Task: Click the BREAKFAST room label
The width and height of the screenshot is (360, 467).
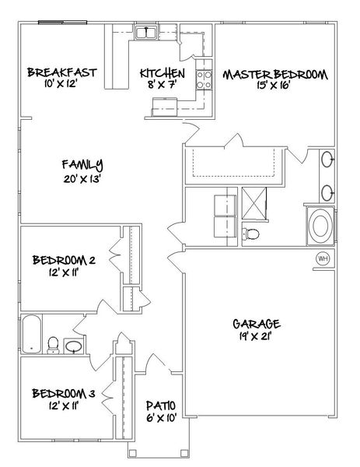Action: coord(61,72)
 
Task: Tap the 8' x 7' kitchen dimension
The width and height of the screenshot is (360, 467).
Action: coord(162,85)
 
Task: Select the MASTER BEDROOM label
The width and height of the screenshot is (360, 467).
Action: coord(276,75)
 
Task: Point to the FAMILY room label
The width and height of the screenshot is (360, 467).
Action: coord(83,164)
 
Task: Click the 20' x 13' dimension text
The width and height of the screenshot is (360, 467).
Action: coord(83,177)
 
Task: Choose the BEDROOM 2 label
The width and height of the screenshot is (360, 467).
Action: coord(64,259)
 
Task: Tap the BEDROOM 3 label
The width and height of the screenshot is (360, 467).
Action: coord(64,393)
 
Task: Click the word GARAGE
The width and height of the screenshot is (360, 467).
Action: coord(256,324)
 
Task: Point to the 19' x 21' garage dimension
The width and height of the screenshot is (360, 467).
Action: coord(256,337)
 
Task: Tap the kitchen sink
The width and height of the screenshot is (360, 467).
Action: coord(146,32)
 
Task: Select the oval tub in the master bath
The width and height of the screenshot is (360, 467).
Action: coord(320,226)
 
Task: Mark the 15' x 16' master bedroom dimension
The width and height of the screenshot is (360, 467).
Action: coord(276,87)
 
